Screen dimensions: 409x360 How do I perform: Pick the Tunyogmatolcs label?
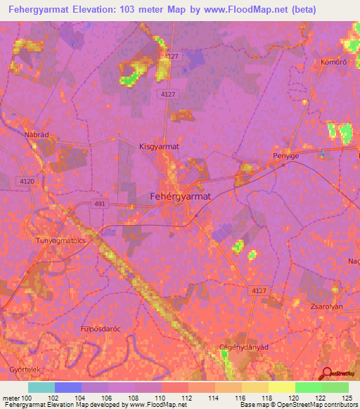tap(60, 240)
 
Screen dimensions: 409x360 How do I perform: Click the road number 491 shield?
tap(99, 204)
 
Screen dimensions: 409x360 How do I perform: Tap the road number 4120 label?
tap(27, 181)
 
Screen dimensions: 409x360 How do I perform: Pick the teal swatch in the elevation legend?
tap(41, 387)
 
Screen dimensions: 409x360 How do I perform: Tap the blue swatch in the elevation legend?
tap(68, 387)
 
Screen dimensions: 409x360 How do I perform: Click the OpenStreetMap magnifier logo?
tap(326, 375)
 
